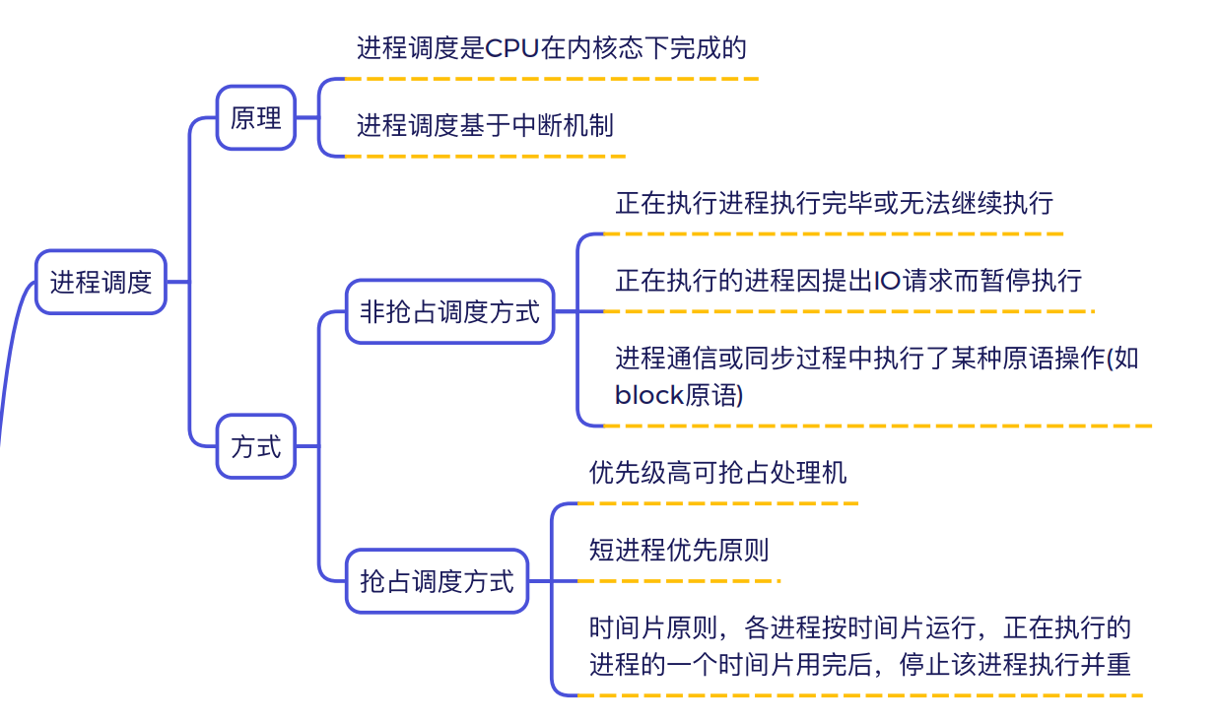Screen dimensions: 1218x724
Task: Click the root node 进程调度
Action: click(x=101, y=282)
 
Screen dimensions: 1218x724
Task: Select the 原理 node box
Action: click(x=256, y=117)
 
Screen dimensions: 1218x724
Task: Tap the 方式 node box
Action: click(x=256, y=446)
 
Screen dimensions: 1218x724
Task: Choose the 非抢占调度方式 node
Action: click(x=449, y=312)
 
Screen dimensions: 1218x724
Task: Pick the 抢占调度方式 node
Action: click(x=437, y=581)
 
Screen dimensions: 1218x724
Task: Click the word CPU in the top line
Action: click(x=511, y=48)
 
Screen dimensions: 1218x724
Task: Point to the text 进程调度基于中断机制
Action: click(x=485, y=125)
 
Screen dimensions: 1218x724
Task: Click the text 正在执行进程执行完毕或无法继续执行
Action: click(x=834, y=203)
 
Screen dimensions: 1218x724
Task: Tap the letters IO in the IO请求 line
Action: click(x=887, y=281)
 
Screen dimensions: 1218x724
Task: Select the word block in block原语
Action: click(x=648, y=395)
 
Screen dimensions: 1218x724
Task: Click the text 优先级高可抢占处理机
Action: click(x=717, y=473)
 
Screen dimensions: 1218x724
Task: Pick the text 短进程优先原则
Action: click(x=679, y=550)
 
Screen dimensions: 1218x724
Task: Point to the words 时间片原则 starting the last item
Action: click(x=653, y=627)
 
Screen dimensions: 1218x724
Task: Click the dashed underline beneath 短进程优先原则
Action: click(x=679, y=581)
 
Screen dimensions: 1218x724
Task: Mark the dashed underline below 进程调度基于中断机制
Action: click(x=485, y=157)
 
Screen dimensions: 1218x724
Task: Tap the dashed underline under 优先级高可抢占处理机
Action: click(x=717, y=503)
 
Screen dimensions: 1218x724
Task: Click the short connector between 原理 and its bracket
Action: click(x=307, y=117)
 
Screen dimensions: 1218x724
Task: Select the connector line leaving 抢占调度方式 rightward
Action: click(x=540, y=581)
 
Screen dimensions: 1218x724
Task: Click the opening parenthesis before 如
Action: click(x=1110, y=359)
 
